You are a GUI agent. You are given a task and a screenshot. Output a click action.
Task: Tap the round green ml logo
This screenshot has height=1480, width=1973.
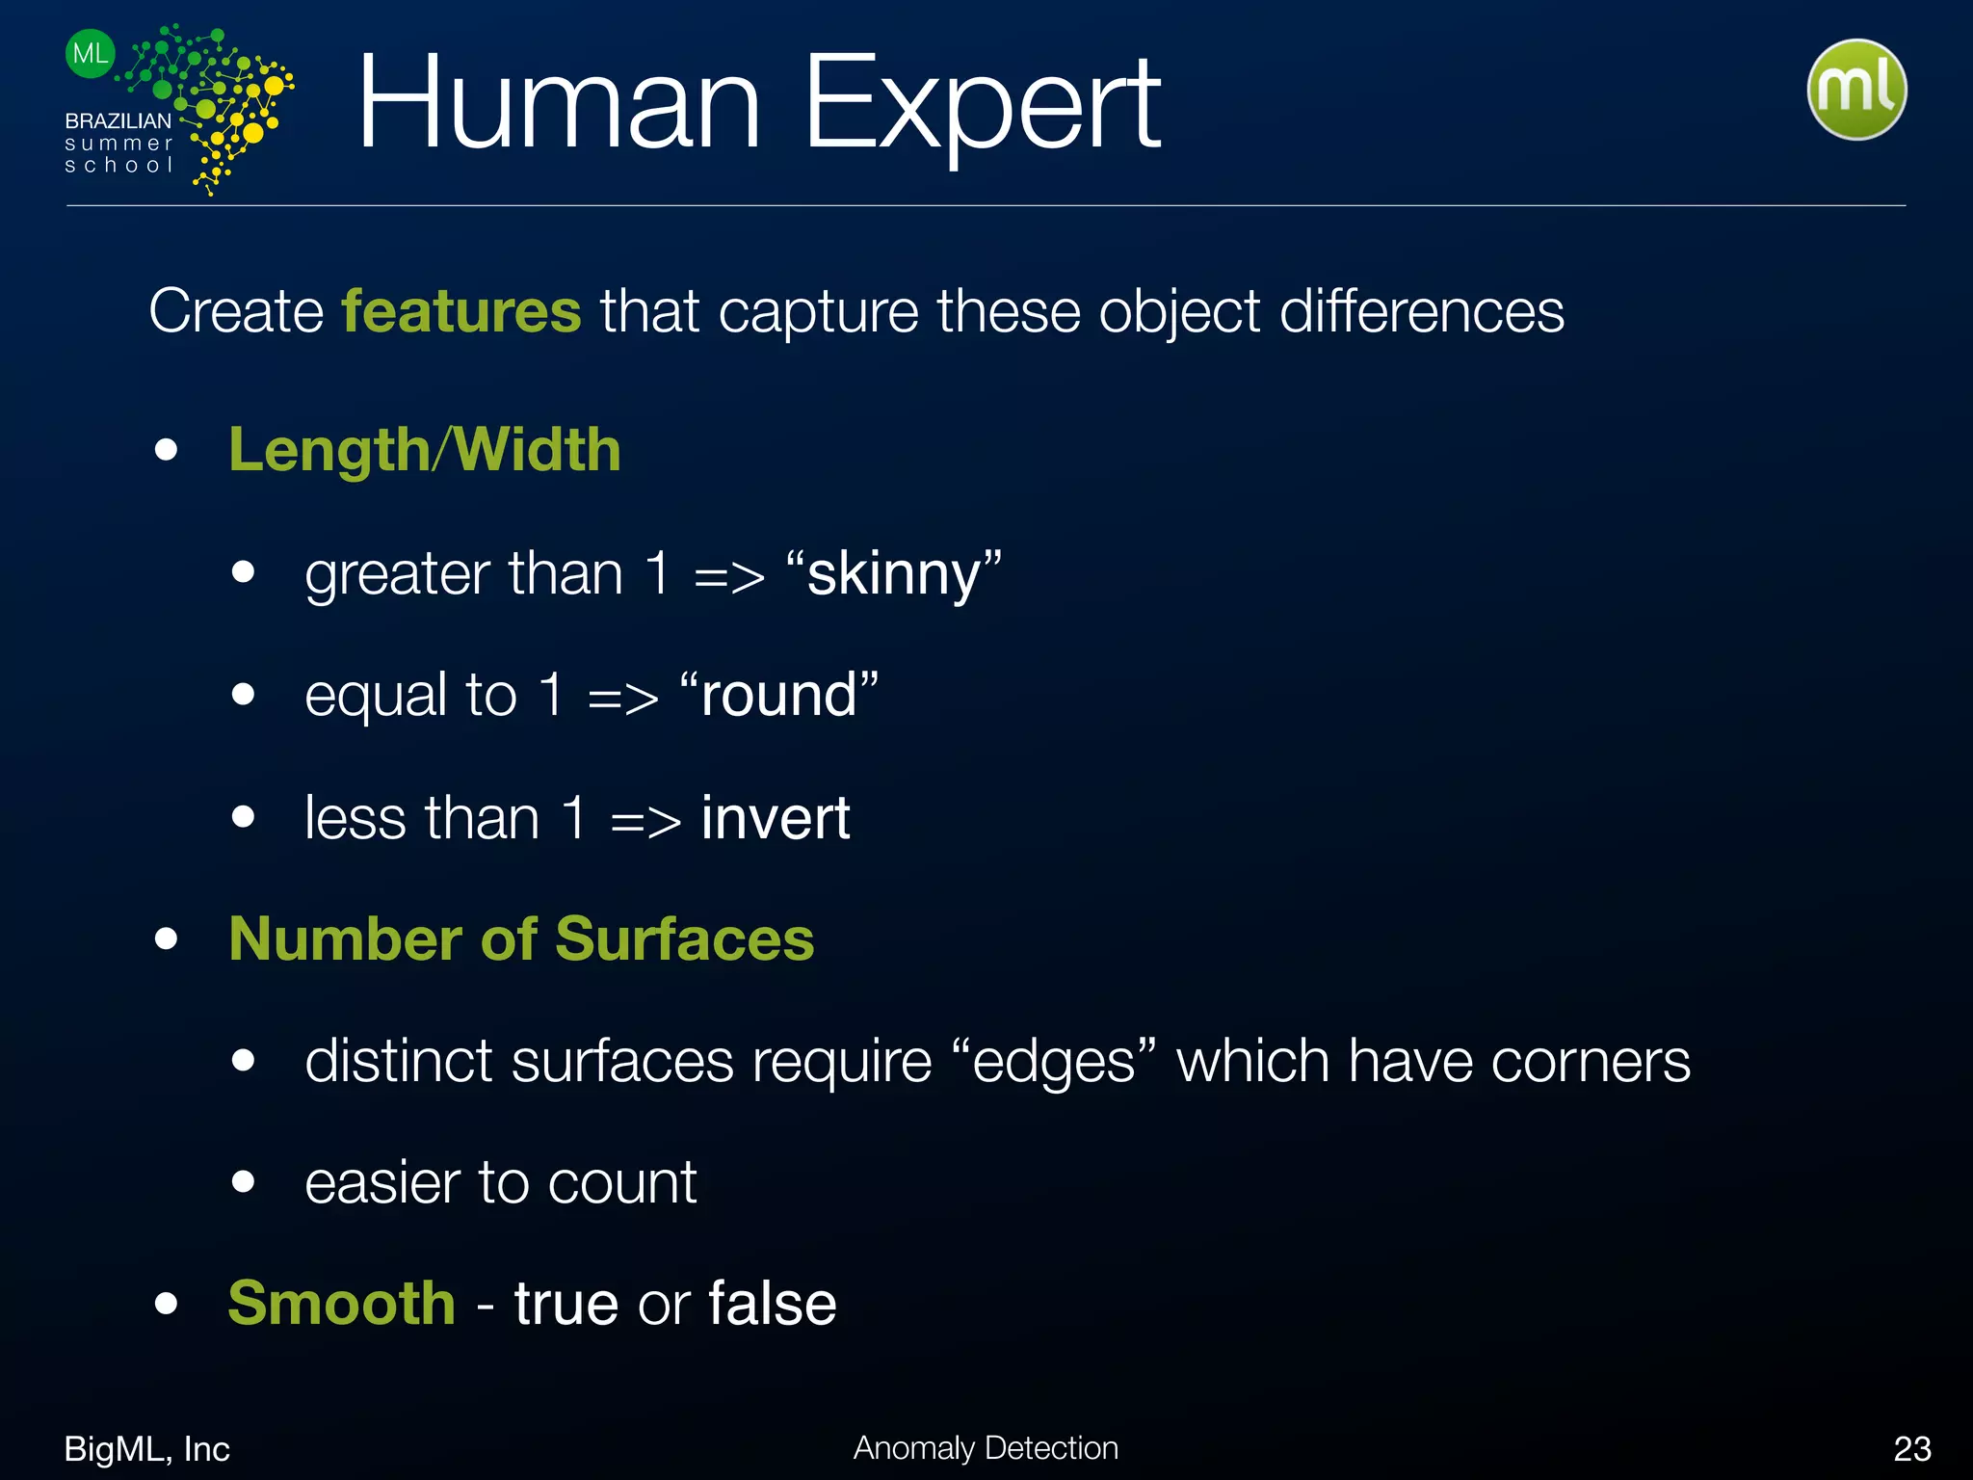[1856, 90]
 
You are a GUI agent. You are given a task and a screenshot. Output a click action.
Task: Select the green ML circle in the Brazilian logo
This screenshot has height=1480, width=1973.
[91, 53]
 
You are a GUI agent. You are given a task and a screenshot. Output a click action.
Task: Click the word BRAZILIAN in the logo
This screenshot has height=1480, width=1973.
[118, 121]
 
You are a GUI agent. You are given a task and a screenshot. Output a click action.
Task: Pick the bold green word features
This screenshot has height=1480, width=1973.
[461, 311]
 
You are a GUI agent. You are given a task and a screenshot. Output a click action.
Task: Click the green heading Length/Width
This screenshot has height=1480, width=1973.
[425, 450]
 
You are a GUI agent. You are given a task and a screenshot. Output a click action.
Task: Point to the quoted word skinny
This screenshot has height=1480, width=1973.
[894, 573]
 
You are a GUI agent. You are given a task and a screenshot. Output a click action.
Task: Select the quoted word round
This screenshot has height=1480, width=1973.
[778, 695]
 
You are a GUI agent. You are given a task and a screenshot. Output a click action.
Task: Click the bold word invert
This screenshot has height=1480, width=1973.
[776, 818]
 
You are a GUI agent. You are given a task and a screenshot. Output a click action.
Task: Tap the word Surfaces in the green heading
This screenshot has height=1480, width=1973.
[685, 938]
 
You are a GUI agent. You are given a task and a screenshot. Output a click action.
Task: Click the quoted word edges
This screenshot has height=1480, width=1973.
[1054, 1062]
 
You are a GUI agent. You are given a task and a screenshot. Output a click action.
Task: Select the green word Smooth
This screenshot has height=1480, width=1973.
[342, 1304]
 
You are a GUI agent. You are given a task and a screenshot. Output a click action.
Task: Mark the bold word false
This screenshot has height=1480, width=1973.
[773, 1304]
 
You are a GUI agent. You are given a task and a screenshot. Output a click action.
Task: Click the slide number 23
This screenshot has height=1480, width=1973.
[1912, 1448]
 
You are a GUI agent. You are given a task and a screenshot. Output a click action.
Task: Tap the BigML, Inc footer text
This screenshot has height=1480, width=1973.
[146, 1448]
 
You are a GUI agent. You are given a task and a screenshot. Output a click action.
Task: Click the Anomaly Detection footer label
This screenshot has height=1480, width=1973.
[986, 1447]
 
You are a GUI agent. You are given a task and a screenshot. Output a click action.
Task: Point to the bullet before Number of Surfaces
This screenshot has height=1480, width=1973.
[167, 938]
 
